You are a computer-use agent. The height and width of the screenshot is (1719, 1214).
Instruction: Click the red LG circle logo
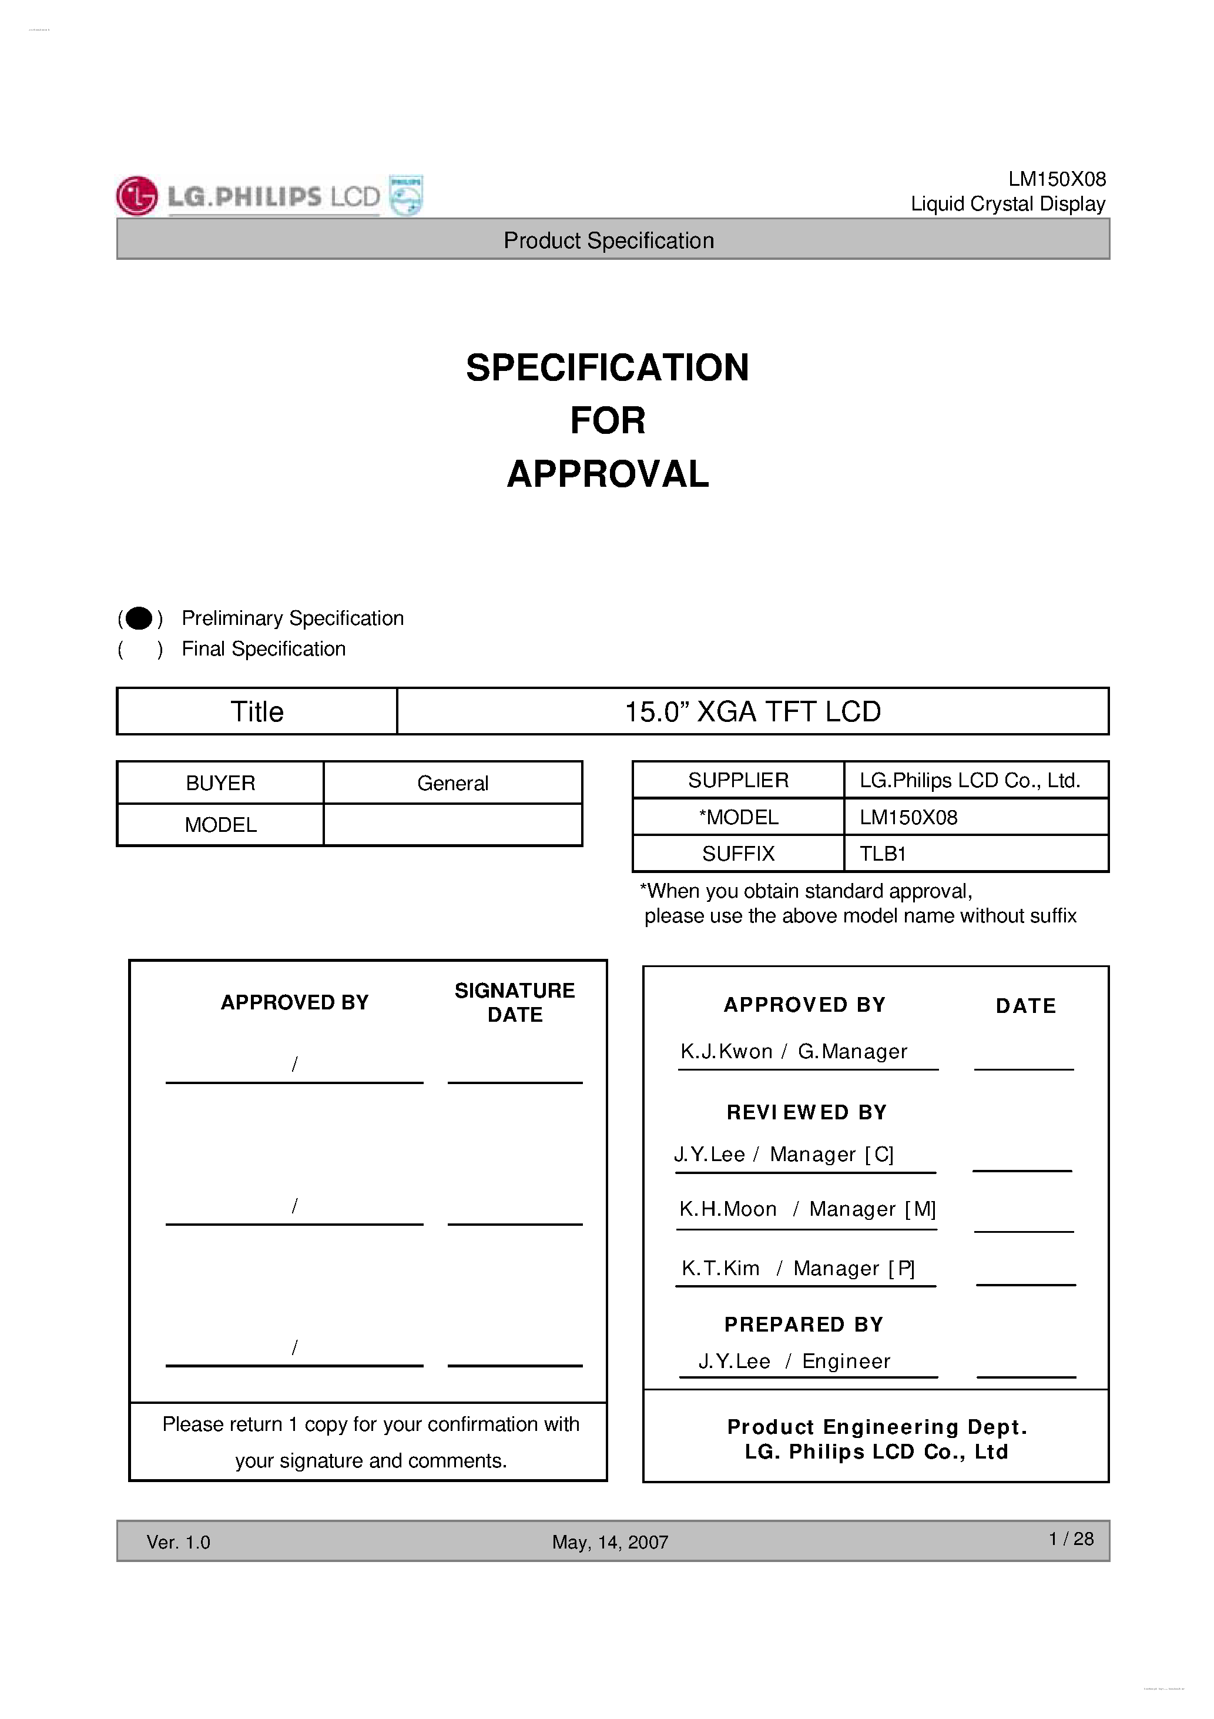(137, 196)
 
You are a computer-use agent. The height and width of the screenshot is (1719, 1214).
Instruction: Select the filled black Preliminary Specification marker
(139, 618)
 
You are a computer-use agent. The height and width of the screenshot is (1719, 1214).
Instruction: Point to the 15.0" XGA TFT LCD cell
(752, 711)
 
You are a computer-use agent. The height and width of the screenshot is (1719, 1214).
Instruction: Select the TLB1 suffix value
(883, 854)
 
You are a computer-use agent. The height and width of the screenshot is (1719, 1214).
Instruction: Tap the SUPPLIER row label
(738, 780)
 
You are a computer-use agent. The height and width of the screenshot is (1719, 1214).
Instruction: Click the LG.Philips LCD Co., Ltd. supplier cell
(969, 780)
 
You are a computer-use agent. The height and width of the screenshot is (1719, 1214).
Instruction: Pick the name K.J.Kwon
(726, 1052)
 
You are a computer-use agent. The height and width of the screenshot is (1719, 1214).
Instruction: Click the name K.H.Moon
(727, 1209)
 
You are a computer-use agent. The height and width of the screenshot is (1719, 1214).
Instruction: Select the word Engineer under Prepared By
(846, 1361)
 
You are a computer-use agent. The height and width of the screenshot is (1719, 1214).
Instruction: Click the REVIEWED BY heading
(806, 1112)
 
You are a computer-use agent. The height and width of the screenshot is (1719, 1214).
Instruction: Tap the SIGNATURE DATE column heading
(515, 1002)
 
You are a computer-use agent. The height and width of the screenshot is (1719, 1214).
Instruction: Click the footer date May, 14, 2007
(610, 1542)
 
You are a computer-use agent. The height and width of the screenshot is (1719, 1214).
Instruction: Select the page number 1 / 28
(1071, 1539)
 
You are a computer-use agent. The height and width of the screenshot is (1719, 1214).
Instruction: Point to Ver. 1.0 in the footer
(178, 1542)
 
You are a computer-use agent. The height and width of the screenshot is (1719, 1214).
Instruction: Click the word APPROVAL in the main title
(608, 474)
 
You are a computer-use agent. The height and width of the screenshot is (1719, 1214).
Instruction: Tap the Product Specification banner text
(609, 240)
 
